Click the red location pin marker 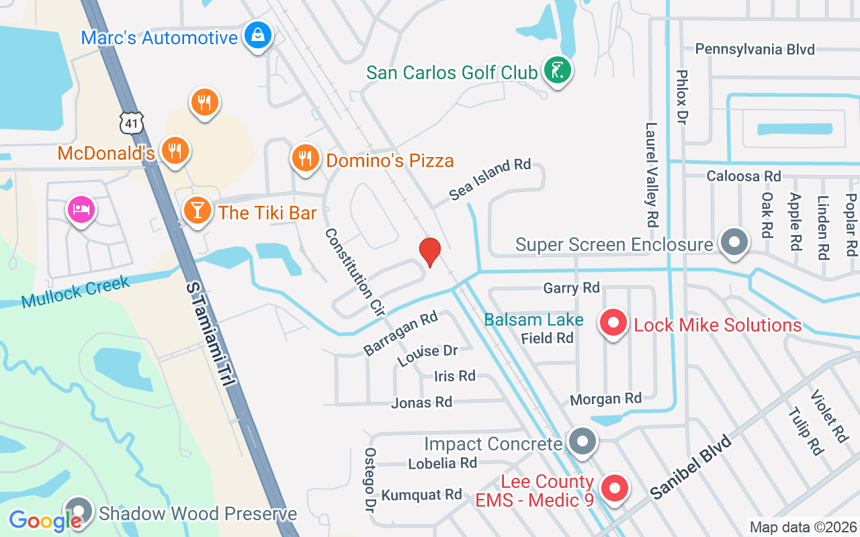coord(430,252)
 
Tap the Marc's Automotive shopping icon coord(257,35)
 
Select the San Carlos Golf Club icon coord(557,70)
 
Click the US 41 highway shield coord(132,121)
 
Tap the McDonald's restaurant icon coord(175,150)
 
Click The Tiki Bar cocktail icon coord(197,211)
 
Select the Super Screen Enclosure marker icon coord(734,242)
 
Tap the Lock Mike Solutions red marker coord(613,324)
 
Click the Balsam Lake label coord(534,320)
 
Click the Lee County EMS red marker coord(613,489)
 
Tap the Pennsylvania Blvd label coord(755,49)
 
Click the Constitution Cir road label coord(354,272)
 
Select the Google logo coord(45,520)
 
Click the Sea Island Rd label coord(490,179)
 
